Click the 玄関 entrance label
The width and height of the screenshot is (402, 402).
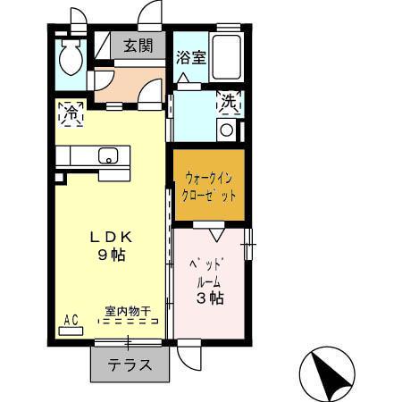pyautogui.click(x=138, y=46)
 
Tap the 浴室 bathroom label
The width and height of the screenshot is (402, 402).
pyautogui.click(x=190, y=58)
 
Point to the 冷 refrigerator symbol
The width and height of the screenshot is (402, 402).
pyautogui.click(x=70, y=113)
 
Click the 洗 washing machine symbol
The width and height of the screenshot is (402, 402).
pyautogui.click(x=230, y=103)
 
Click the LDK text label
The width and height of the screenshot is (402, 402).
pyautogui.click(x=111, y=238)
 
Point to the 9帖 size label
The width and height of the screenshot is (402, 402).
pyautogui.click(x=111, y=255)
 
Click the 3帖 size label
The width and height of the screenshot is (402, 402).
pyautogui.click(x=210, y=298)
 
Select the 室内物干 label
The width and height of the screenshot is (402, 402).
pyautogui.click(x=127, y=311)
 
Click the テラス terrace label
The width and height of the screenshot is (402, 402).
pyautogui.click(x=130, y=365)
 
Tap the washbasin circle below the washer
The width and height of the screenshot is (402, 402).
pyautogui.click(x=227, y=130)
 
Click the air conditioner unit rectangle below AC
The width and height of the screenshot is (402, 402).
pyautogui.click(x=71, y=331)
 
